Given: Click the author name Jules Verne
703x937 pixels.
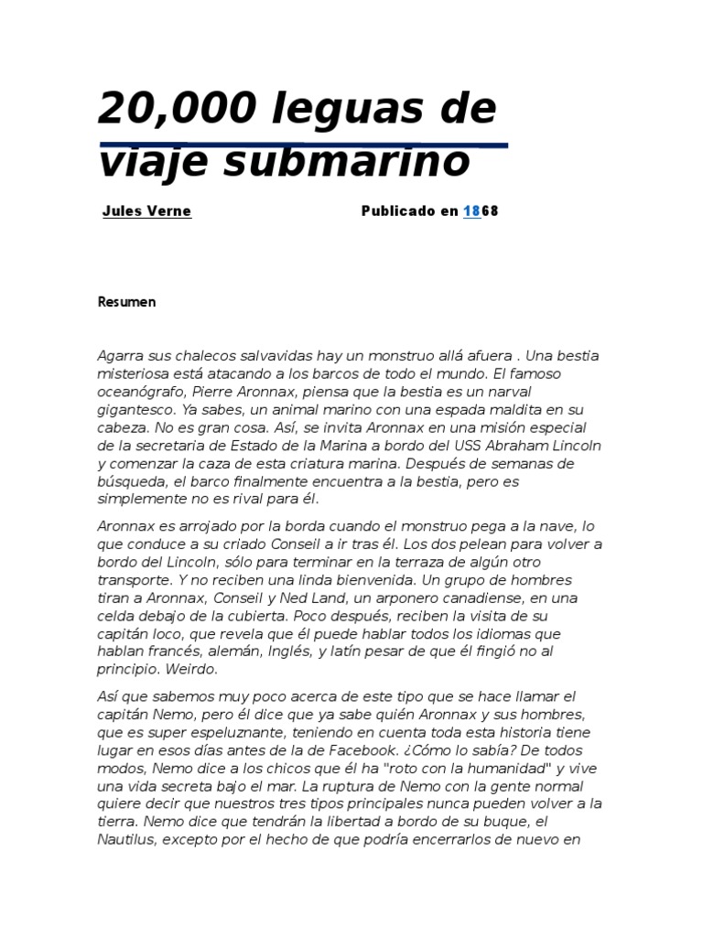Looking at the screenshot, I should click(146, 210).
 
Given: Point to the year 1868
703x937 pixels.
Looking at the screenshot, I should click(481, 210).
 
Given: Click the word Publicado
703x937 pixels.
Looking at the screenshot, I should click(397, 210).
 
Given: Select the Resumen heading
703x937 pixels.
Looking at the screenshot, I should click(127, 302).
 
